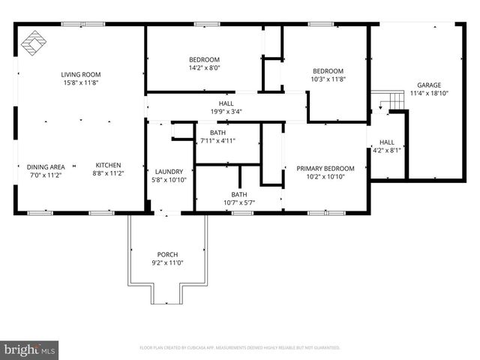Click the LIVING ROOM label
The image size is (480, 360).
pyautogui.click(x=81, y=74)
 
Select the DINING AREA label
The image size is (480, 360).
pyautogui.click(x=46, y=166)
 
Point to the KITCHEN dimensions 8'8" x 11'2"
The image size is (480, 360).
pyautogui.click(x=108, y=174)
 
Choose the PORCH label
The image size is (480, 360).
pyautogui.click(x=167, y=254)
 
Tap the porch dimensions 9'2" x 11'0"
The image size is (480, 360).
pyautogui.click(x=167, y=263)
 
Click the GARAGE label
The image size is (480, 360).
pyautogui.click(x=429, y=85)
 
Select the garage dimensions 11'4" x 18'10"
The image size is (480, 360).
pyautogui.click(x=429, y=94)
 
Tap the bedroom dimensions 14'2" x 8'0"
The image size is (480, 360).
pyautogui.click(x=204, y=67)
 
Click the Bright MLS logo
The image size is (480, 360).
pyautogui.click(x=30, y=349)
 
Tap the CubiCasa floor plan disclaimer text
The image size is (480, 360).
pyautogui.click(x=240, y=348)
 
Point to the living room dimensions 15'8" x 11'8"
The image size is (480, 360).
pyautogui.click(x=81, y=83)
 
